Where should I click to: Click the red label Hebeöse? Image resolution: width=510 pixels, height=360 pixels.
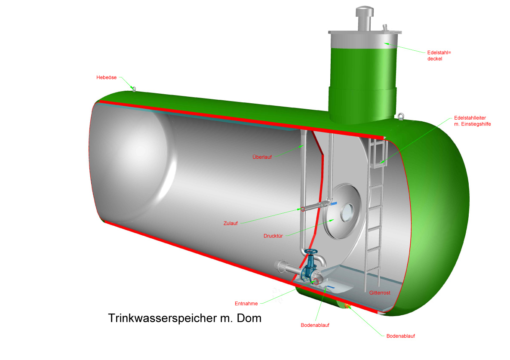(x=106, y=77)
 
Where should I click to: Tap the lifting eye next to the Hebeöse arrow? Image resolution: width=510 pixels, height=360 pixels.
(x=133, y=89)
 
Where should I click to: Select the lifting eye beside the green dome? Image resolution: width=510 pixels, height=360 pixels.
(x=401, y=116)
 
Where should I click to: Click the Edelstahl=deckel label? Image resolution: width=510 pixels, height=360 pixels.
(x=439, y=55)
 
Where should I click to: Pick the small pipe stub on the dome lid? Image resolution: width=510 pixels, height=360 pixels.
(x=385, y=28)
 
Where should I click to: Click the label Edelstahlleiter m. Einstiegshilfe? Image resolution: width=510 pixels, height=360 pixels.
(x=472, y=121)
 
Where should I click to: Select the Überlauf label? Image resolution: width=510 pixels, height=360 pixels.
(x=262, y=157)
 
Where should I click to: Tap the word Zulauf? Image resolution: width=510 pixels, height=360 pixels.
(x=230, y=223)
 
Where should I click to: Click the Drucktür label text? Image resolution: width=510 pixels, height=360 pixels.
(x=273, y=236)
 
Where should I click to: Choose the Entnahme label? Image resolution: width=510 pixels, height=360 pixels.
(x=246, y=303)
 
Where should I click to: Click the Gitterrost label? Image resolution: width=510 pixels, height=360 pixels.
(x=380, y=292)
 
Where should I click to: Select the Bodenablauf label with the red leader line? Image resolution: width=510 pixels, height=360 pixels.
(x=315, y=325)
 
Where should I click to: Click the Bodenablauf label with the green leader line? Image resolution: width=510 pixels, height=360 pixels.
(x=401, y=336)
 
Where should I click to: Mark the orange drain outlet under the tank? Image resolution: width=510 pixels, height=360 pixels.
(x=347, y=305)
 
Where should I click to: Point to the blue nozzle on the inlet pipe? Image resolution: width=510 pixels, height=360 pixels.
(x=334, y=204)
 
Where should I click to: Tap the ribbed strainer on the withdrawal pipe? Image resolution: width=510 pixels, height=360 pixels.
(x=282, y=266)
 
